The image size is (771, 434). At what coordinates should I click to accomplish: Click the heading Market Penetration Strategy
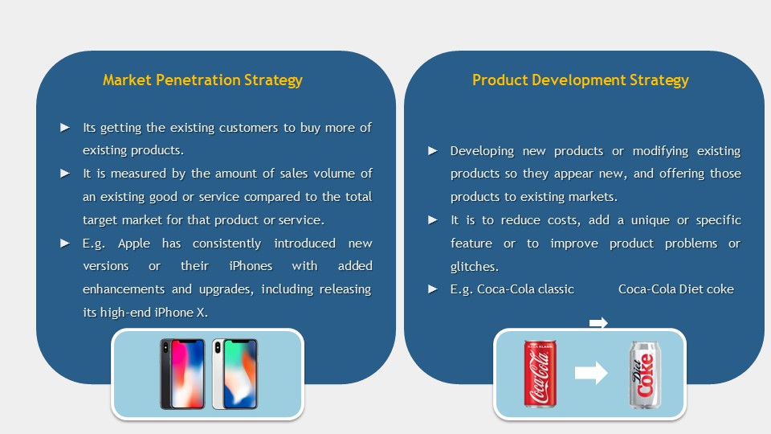(x=202, y=80)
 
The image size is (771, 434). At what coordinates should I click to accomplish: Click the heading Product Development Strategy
(x=580, y=80)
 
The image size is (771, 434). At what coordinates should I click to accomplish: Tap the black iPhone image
(x=182, y=374)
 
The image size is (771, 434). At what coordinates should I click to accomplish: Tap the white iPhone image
(x=235, y=374)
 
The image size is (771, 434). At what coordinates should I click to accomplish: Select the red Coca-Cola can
(x=540, y=374)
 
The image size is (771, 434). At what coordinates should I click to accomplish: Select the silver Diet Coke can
(x=645, y=375)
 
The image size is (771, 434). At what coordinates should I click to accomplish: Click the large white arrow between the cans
(x=591, y=373)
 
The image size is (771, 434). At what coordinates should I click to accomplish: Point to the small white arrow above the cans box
(x=598, y=323)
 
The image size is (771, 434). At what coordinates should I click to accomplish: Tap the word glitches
(x=475, y=267)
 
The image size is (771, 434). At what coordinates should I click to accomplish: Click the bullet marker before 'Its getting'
(x=65, y=128)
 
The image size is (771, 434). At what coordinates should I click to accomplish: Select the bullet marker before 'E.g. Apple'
(x=65, y=244)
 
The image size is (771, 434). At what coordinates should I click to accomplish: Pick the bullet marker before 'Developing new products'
(x=433, y=150)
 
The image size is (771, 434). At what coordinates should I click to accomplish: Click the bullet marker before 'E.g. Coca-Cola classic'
(x=433, y=289)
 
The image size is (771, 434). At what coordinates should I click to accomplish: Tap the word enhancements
(x=124, y=289)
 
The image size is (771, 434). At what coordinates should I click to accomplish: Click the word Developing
(x=482, y=151)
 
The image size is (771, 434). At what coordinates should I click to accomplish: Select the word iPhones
(x=251, y=266)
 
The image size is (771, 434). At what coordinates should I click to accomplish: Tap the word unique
(x=650, y=220)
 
